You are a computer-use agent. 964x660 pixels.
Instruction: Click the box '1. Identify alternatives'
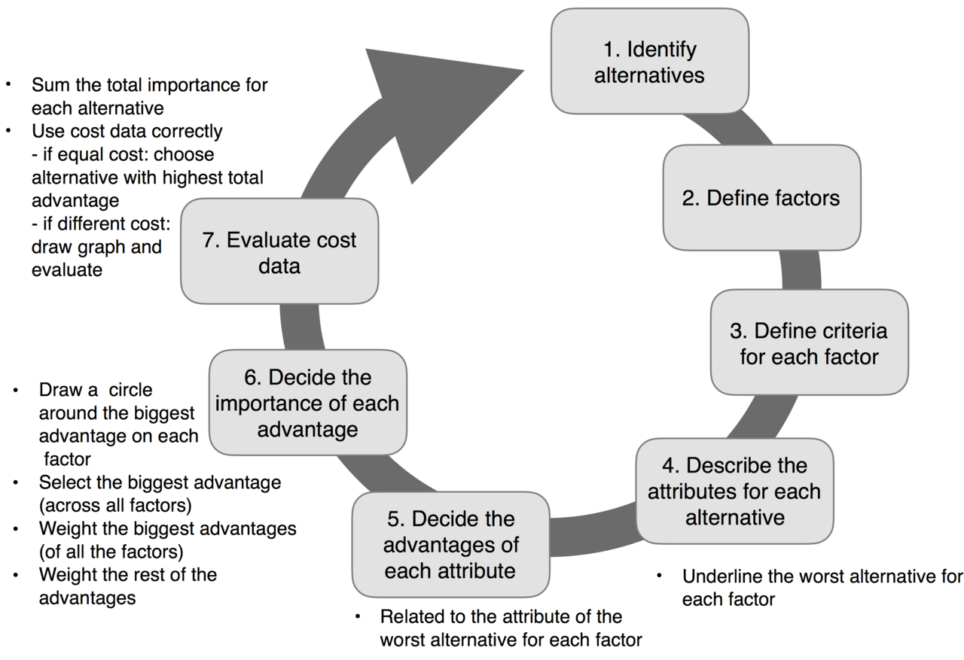[x=649, y=62]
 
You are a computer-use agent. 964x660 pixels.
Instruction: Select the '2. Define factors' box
[x=761, y=198]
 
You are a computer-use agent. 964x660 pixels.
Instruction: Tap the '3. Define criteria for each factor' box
[x=809, y=342]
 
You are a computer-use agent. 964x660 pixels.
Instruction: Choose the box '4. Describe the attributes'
[x=734, y=491]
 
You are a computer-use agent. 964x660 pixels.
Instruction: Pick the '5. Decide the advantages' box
[x=450, y=544]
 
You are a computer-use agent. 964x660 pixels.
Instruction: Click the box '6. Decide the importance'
[x=307, y=403]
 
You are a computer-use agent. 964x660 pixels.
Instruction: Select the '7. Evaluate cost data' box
[x=279, y=252]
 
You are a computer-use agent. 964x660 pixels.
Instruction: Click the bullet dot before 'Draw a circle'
[x=16, y=391]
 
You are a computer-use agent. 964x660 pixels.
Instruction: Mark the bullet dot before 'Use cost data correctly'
[x=8, y=131]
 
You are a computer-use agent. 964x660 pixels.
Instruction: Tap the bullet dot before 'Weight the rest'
[x=16, y=575]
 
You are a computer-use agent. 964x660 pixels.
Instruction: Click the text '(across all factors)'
[x=115, y=504]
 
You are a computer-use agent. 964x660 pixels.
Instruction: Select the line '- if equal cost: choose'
[x=123, y=154]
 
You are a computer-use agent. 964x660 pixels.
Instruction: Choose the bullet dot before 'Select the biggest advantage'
[x=16, y=482]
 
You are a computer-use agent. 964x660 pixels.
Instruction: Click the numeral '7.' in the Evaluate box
[x=212, y=240]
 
